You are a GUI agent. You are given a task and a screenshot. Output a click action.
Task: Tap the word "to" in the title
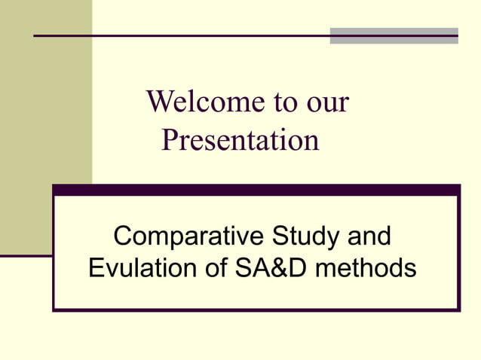pyautogui.click(x=274, y=102)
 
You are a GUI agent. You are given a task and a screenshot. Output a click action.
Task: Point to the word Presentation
pyautogui.click(x=240, y=140)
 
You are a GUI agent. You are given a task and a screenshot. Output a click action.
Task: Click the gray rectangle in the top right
pyautogui.click(x=394, y=35)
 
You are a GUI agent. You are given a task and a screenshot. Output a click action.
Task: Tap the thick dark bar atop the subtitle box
pyautogui.click(x=256, y=191)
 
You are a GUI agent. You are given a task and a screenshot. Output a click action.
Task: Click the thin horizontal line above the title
pyautogui.click(x=181, y=35)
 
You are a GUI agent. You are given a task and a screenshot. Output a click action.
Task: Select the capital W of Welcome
pyautogui.click(x=160, y=102)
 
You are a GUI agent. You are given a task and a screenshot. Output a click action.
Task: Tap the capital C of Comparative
pyautogui.click(x=123, y=236)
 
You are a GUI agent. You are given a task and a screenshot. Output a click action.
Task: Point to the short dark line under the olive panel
pyautogui.click(x=26, y=256)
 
